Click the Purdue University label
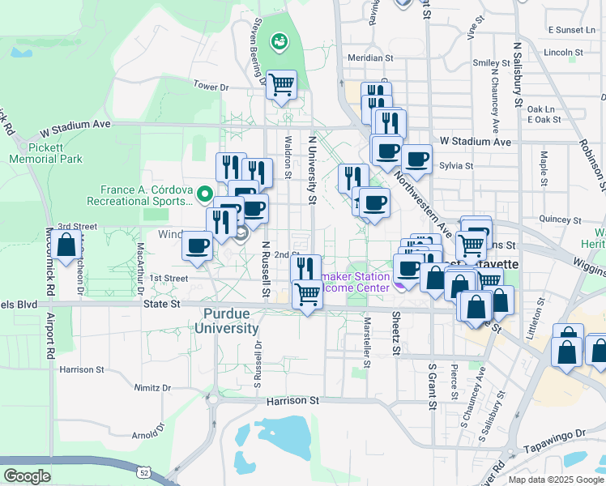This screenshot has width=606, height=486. [226, 321]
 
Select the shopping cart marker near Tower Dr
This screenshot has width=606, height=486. [281, 84]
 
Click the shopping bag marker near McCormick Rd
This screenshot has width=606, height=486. [67, 245]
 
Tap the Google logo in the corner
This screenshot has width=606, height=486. [26, 476]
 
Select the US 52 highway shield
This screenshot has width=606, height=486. [143, 471]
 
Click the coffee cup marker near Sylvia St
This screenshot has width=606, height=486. [417, 160]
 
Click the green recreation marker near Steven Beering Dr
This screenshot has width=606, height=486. [280, 40]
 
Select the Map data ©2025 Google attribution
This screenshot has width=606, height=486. [555, 480]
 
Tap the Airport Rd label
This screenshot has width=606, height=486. [49, 335]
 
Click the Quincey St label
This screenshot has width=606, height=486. [555, 219]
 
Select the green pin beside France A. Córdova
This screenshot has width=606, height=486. [205, 194]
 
